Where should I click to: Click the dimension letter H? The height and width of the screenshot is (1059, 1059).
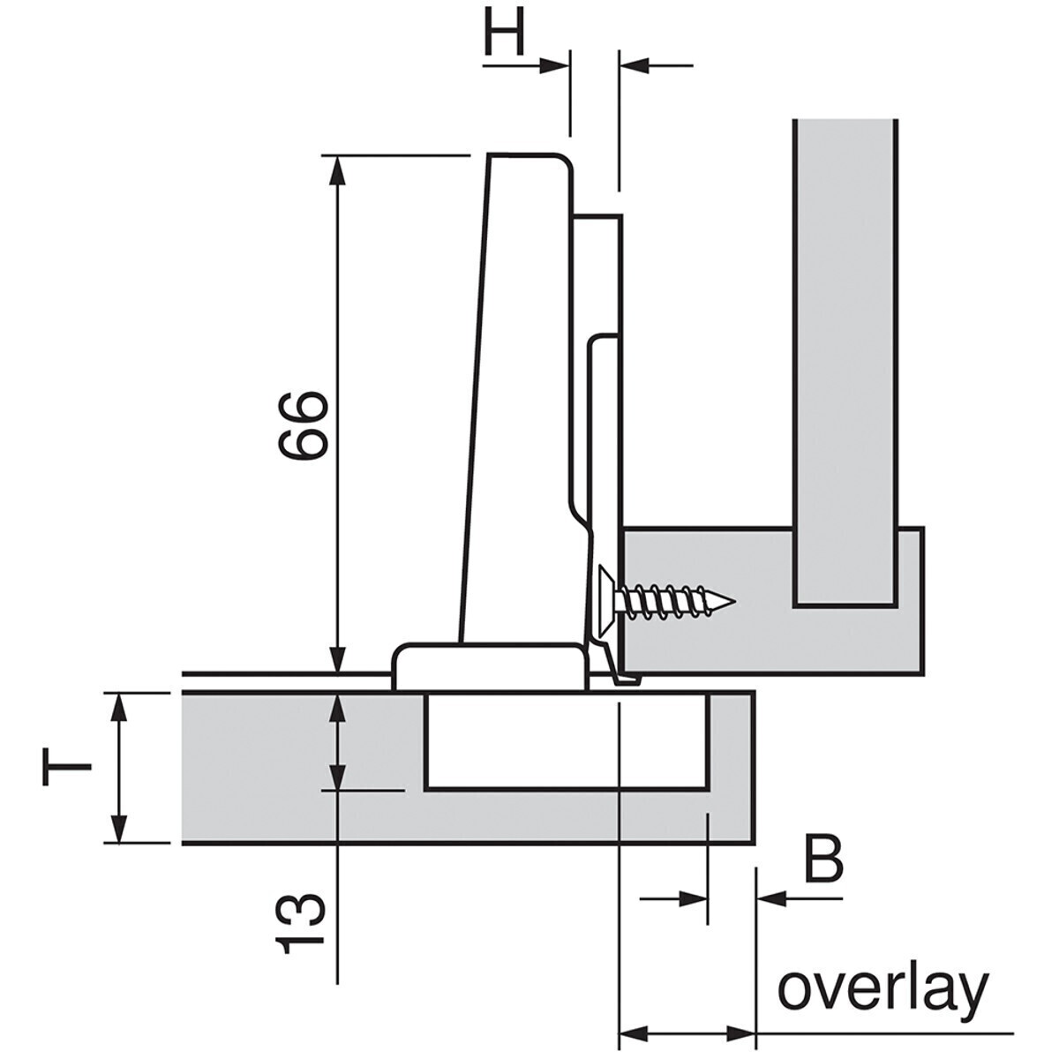click(x=505, y=34)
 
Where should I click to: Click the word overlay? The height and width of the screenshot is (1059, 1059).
click(x=882, y=991)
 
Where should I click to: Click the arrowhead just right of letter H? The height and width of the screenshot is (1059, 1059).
click(x=556, y=64)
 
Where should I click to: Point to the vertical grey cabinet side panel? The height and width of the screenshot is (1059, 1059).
click(x=845, y=353)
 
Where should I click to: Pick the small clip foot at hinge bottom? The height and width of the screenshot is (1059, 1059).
click(x=625, y=678)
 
